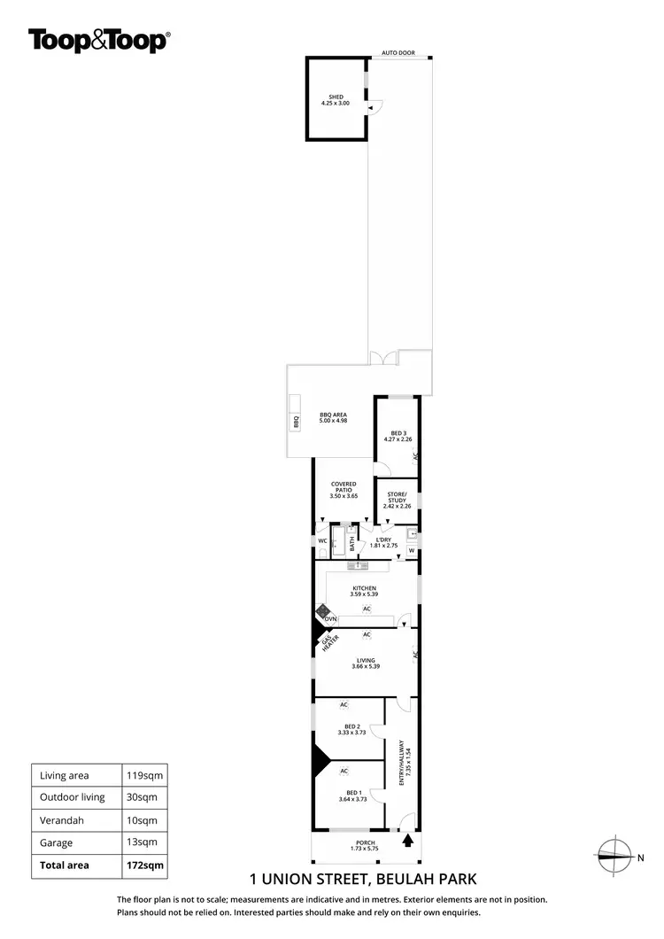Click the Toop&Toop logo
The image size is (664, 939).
point(99,40)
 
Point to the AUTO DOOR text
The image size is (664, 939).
point(398,53)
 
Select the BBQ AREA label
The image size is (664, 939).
point(333,417)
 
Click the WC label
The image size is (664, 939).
point(322,540)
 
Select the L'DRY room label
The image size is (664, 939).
point(383,541)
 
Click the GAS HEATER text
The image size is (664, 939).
point(329,642)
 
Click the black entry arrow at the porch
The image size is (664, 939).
point(408,837)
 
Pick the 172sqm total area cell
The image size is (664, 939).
point(142,865)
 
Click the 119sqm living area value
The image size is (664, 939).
point(142,775)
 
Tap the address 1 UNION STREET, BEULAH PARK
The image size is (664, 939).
point(364,880)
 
